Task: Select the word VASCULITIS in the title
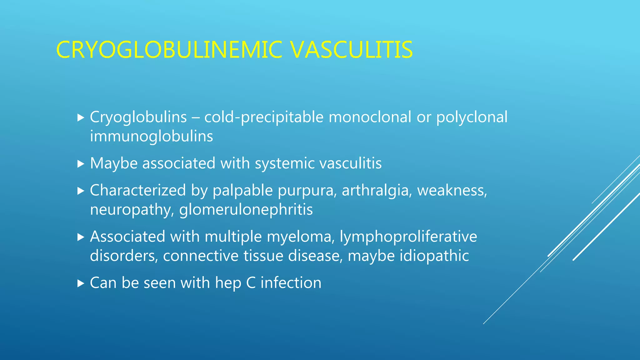pyautogui.click(x=352, y=50)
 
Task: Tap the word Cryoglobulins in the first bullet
pyautogui.click(x=138, y=117)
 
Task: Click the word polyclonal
pyautogui.click(x=472, y=117)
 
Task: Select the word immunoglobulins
pyautogui.click(x=151, y=137)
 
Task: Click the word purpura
pyautogui.click(x=307, y=191)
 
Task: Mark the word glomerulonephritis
pyautogui.click(x=246, y=210)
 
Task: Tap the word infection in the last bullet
pyautogui.click(x=291, y=283)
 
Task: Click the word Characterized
pyautogui.click(x=138, y=191)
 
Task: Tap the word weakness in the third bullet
pyautogui.click(x=452, y=191)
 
